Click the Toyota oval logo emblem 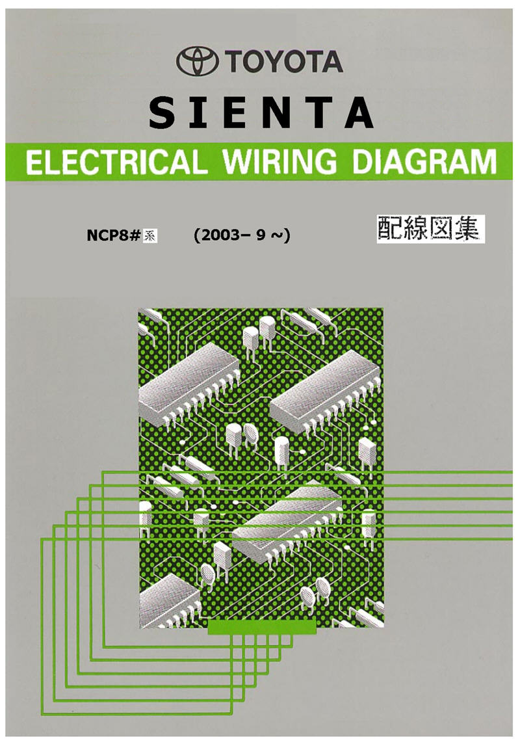[x=198, y=62]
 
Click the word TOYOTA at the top [x=285, y=62]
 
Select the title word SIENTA [x=261, y=113]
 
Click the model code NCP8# [x=114, y=236]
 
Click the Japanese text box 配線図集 [x=431, y=229]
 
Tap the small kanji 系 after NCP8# [x=149, y=237]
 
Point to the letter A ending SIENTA [x=359, y=113]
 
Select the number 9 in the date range [x=261, y=235]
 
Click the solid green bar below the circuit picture [x=262, y=627]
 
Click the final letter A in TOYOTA [x=332, y=62]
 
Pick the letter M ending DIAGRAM [x=483, y=162]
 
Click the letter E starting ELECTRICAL [x=34, y=162]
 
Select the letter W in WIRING [x=239, y=162]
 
